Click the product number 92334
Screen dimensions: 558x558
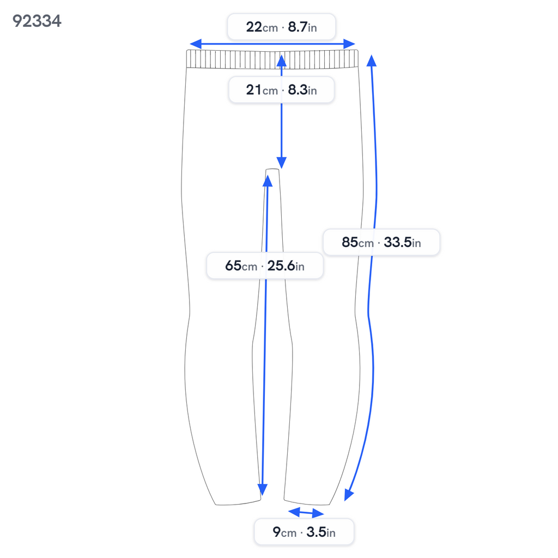coord(37,21)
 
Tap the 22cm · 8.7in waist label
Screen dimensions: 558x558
coord(282,27)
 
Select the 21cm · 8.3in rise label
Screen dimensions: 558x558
coord(282,90)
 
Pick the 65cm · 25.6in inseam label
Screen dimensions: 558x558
coord(265,265)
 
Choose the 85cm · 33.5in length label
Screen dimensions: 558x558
coord(381,242)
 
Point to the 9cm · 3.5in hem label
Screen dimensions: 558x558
coord(304,532)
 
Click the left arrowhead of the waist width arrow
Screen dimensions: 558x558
coord(196,44)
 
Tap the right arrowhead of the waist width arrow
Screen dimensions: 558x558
coord(349,44)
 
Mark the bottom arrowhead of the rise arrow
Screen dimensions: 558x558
coord(282,162)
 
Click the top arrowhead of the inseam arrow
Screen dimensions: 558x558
coord(267,181)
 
